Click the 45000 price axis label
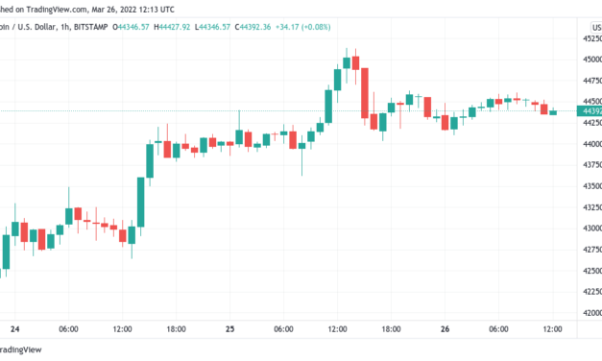point(589,59)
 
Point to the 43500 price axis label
point(589,186)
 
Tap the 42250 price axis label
point(589,292)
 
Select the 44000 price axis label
point(589,144)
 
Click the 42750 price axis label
point(589,250)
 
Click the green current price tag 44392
point(589,111)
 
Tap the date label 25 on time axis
point(230,328)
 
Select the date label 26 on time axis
point(445,328)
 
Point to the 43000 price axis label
point(589,229)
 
